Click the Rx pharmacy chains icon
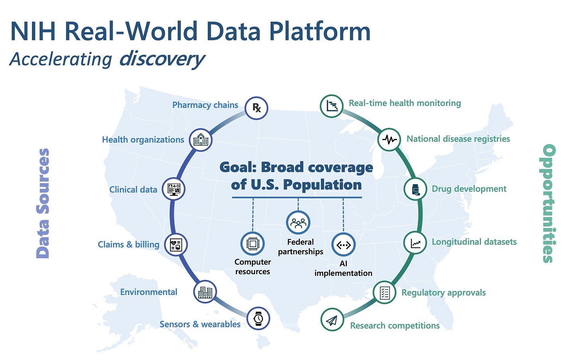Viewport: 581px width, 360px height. tap(256, 108)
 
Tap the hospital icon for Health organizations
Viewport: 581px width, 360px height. tap(201, 140)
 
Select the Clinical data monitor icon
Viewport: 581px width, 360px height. tap(174, 189)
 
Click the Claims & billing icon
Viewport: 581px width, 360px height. tap(176, 245)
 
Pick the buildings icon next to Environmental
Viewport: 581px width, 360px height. tap(205, 292)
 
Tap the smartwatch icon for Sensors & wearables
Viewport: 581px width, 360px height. tap(259, 318)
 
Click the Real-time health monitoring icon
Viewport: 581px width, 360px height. tap(332, 106)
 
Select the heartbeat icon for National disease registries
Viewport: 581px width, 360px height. tap(389, 139)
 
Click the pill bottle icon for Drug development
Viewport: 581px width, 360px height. tap(415, 189)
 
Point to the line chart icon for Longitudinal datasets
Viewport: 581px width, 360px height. tap(415, 242)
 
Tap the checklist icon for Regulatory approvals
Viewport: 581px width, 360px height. tap(385, 293)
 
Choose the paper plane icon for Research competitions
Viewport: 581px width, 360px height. tap(332, 320)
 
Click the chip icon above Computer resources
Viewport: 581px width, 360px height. tap(253, 243)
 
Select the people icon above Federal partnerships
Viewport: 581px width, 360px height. tap(298, 222)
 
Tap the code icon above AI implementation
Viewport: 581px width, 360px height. tap(344, 245)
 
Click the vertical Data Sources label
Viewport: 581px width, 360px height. tap(43, 203)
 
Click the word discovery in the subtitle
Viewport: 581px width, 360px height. tap(162, 59)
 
